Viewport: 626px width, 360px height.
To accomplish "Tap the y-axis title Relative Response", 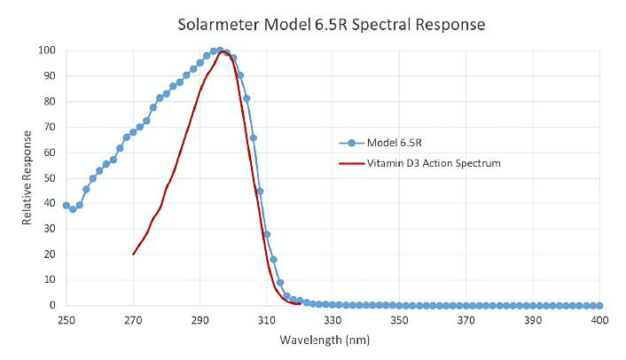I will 27,177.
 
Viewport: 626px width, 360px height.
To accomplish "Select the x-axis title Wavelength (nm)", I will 324,340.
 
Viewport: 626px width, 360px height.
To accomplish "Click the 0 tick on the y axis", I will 55,305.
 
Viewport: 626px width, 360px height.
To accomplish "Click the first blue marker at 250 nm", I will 66,205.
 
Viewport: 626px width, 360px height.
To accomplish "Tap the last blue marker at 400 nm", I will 599,305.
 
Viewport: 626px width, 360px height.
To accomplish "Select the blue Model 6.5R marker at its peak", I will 220,51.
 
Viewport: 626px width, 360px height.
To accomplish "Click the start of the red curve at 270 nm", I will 133,254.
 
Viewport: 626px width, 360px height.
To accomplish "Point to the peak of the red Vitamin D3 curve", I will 224,52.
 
